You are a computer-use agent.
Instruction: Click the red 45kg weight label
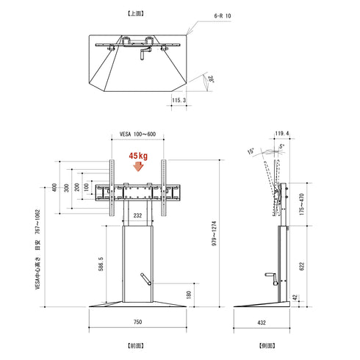point(137,156)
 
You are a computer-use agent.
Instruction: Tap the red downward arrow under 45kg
point(137,167)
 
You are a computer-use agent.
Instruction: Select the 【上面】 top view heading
point(137,13)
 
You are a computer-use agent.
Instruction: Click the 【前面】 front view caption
point(137,344)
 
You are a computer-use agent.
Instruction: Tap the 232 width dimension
point(137,215)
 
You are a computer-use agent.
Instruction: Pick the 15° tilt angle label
point(251,151)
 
